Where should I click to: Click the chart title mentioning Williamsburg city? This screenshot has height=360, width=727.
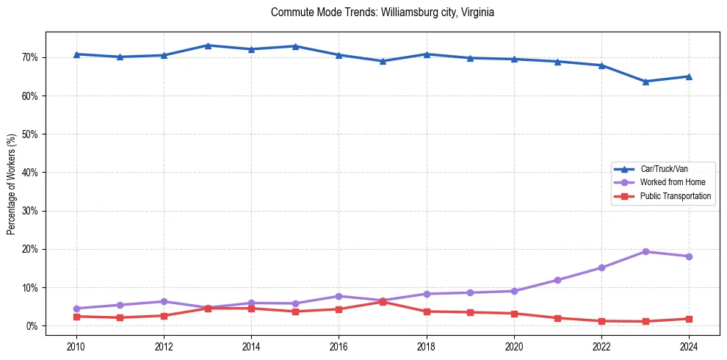pyautogui.click(x=382, y=12)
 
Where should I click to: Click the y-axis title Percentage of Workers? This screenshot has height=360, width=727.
pyautogui.click(x=11, y=184)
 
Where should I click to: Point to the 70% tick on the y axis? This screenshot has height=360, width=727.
pyautogui.click(x=31, y=57)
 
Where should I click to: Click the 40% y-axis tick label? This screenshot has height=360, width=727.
pyautogui.click(x=31, y=173)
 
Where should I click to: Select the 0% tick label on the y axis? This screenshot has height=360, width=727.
pyautogui.click(x=33, y=326)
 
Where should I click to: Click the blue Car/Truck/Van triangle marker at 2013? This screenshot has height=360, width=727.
pyautogui.click(x=207, y=46)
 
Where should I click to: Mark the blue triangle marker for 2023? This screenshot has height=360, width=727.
pyautogui.click(x=645, y=82)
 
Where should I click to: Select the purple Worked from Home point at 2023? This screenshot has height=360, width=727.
pyautogui.click(x=645, y=251)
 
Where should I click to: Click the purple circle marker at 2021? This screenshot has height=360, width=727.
pyautogui.click(x=557, y=280)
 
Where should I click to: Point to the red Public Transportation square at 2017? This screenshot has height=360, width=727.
pyautogui.click(x=383, y=302)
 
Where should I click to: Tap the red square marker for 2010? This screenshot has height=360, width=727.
pyautogui.click(x=76, y=317)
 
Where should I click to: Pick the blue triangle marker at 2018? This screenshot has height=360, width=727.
pyautogui.click(x=426, y=54)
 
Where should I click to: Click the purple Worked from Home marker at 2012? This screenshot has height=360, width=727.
pyautogui.click(x=164, y=301)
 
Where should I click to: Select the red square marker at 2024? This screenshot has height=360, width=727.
pyautogui.click(x=689, y=319)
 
